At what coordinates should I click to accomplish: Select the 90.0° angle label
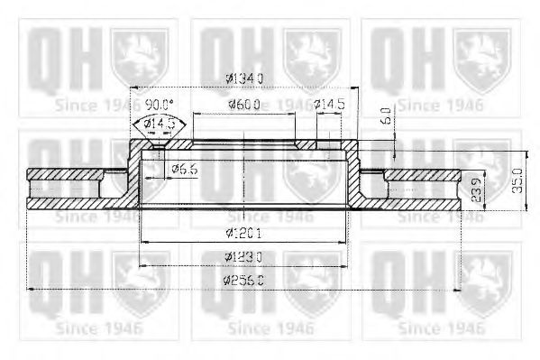click(160, 105)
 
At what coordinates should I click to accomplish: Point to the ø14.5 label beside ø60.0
click(330, 106)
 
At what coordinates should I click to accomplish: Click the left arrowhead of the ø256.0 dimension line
click(31, 289)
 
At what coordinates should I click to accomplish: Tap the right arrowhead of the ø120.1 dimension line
click(343, 244)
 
